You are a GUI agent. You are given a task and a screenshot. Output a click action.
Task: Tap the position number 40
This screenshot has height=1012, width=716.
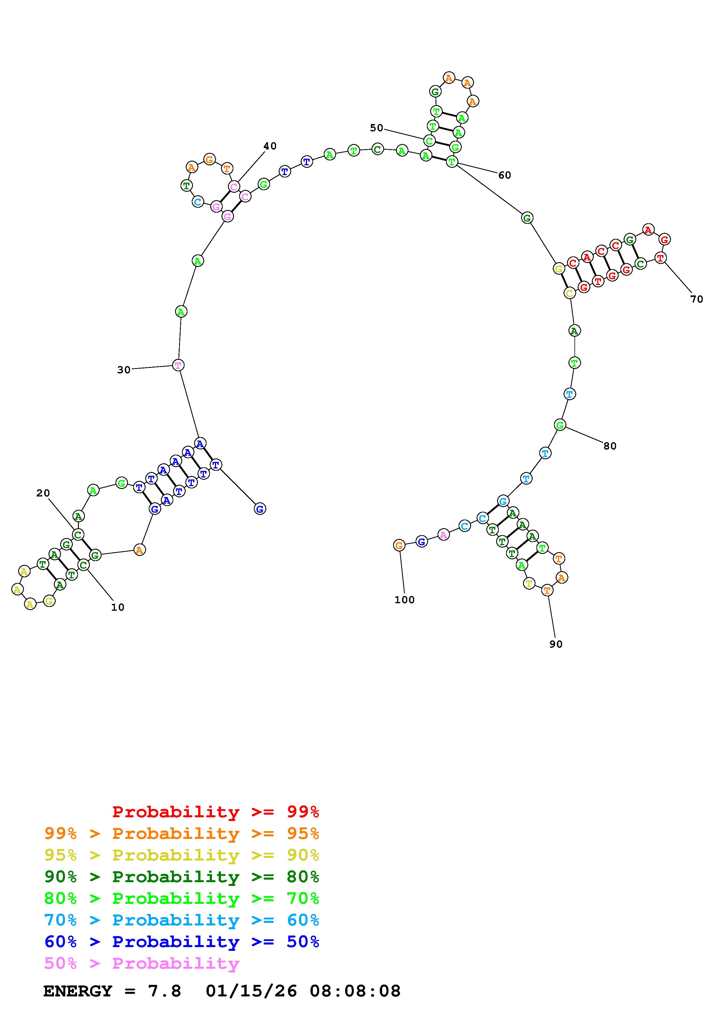coord(270,146)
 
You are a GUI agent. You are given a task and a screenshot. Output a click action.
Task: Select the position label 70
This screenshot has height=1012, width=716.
coord(697,299)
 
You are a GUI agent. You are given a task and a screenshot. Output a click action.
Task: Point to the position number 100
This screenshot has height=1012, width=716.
coord(405,599)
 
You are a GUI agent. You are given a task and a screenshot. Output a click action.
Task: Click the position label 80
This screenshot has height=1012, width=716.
coord(610,446)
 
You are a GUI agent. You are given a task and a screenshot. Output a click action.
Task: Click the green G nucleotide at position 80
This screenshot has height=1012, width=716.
coord(560,425)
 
